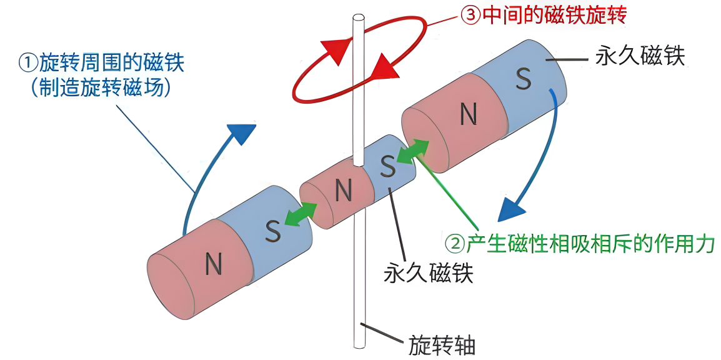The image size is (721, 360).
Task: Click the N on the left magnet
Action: [x=214, y=265]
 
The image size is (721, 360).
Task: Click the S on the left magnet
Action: [x=272, y=231]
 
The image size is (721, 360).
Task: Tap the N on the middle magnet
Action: [x=343, y=189]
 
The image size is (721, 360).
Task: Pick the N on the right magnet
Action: [x=468, y=114]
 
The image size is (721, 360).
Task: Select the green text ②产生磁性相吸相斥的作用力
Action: [x=579, y=243]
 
